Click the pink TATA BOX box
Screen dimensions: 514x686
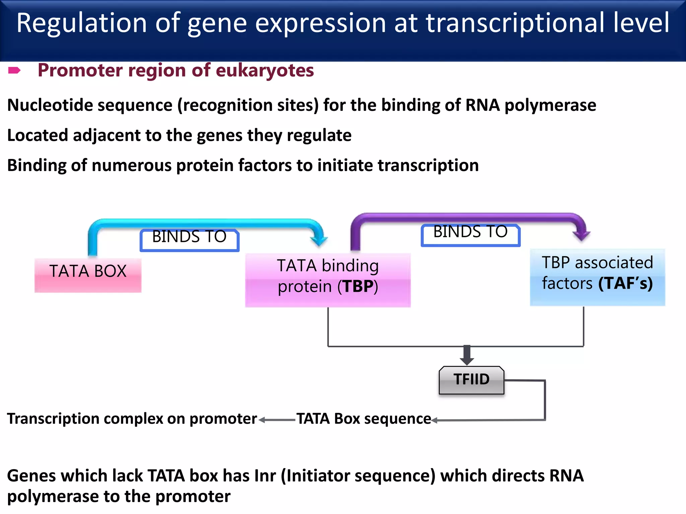(x=88, y=275)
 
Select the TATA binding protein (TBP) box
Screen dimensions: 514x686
(x=328, y=280)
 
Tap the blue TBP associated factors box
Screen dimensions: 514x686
(x=597, y=277)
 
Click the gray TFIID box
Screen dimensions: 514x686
(x=471, y=380)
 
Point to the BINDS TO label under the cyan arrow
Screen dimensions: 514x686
(x=189, y=240)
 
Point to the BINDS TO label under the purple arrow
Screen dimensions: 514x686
(x=470, y=235)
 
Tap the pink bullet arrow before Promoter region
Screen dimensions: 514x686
(x=14, y=70)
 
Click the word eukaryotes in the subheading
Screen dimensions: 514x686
(x=265, y=70)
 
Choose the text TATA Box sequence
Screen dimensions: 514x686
(x=364, y=419)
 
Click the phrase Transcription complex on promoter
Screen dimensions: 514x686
(x=132, y=419)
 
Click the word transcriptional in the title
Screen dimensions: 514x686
(x=515, y=23)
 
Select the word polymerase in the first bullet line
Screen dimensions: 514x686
(x=550, y=105)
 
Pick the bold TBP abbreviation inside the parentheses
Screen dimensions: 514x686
(x=358, y=286)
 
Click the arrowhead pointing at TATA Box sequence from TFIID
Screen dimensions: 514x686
(x=435, y=420)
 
